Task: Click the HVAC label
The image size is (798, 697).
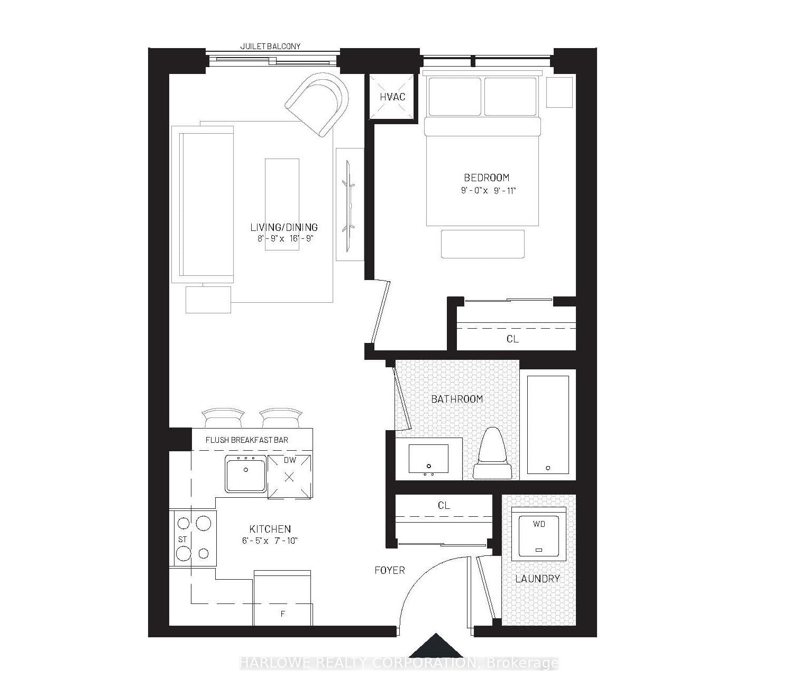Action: pyautogui.click(x=392, y=97)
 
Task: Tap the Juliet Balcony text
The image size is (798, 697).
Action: pyautogui.click(x=270, y=47)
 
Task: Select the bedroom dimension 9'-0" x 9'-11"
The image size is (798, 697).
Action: pyautogui.click(x=488, y=191)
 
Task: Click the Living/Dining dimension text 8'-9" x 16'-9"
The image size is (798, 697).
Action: pyautogui.click(x=283, y=238)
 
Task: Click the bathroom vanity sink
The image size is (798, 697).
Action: pyautogui.click(x=428, y=459)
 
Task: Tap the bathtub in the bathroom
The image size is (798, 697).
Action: pyautogui.click(x=548, y=425)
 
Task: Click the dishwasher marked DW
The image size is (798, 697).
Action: pyautogui.click(x=289, y=476)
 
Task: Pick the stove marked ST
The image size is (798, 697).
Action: pyautogui.click(x=193, y=538)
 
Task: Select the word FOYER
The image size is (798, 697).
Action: pyautogui.click(x=390, y=570)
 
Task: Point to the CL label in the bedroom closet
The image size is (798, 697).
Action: pyautogui.click(x=512, y=339)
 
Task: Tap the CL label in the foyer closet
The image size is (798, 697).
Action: pyautogui.click(x=444, y=506)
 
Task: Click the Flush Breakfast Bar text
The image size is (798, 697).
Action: pyautogui.click(x=246, y=440)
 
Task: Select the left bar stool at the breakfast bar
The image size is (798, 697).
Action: pyautogui.click(x=223, y=417)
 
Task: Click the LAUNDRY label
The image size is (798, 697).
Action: pyautogui.click(x=537, y=579)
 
